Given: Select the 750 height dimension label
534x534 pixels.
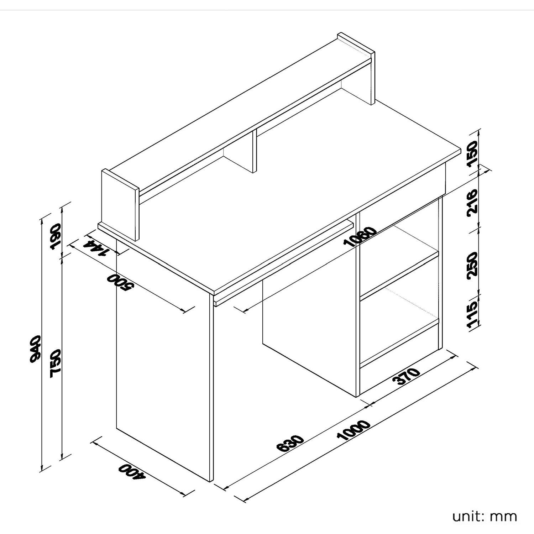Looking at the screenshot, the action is [x=56, y=363].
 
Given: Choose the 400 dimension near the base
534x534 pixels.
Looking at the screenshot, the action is [x=132, y=472].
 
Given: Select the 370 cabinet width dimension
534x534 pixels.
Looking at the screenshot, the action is [x=406, y=377].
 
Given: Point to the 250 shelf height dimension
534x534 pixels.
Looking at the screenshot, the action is [x=472, y=265].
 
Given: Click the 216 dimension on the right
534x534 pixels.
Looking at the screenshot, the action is [x=472, y=201].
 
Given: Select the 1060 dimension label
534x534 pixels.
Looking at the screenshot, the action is [x=360, y=237].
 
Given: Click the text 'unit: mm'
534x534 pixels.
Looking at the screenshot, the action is [x=485, y=516].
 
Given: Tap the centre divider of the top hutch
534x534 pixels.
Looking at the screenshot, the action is [x=255, y=151].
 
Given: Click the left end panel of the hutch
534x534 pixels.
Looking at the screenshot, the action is [x=120, y=205].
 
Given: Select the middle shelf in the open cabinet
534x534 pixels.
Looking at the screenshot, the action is [x=399, y=274].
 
